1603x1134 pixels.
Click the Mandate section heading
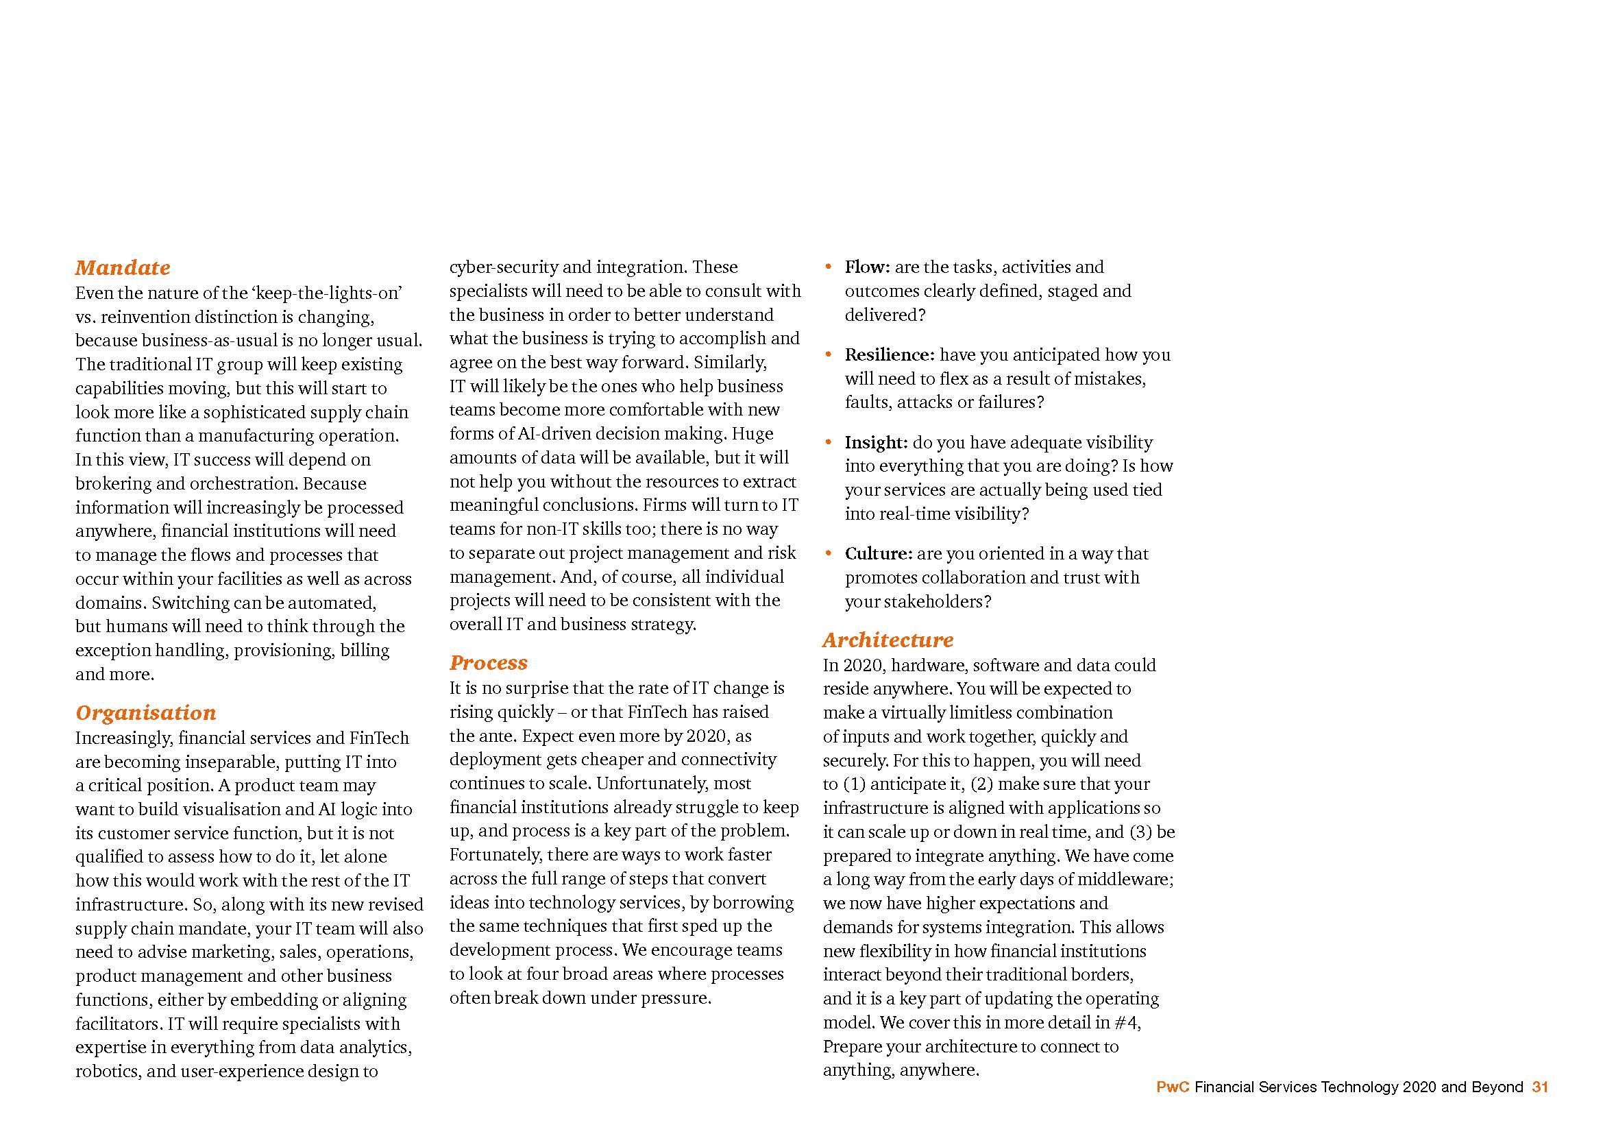click(x=123, y=267)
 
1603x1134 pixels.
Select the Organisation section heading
click(x=146, y=712)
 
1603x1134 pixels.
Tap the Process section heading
click(x=489, y=663)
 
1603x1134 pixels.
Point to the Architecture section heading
click(x=888, y=640)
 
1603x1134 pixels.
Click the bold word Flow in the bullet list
click(x=866, y=267)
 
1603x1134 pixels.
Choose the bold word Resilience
click(x=888, y=354)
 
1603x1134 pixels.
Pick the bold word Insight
click(x=874, y=442)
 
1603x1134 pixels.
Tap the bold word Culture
click(x=878, y=554)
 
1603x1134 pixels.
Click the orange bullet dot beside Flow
click(x=829, y=267)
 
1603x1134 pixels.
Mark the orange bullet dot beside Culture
click(x=829, y=554)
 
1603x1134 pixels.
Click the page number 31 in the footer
click(x=1540, y=1087)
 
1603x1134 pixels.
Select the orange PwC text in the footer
click(x=1172, y=1087)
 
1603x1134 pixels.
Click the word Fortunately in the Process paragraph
click(x=495, y=855)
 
